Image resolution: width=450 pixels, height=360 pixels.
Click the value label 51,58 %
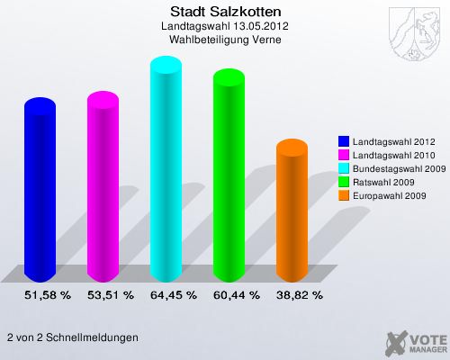coord(47,294)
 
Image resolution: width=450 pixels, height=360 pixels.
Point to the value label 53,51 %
coord(110,294)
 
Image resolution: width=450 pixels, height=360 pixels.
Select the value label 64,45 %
coord(173,294)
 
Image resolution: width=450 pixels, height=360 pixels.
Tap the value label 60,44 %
coord(236,294)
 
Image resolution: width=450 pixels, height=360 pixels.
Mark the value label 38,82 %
coord(299,294)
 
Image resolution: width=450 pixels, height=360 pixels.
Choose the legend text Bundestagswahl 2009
coord(398,167)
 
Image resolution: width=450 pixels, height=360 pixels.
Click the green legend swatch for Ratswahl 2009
coord(344,181)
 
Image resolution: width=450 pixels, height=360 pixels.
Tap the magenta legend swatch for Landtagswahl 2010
coord(344,155)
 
